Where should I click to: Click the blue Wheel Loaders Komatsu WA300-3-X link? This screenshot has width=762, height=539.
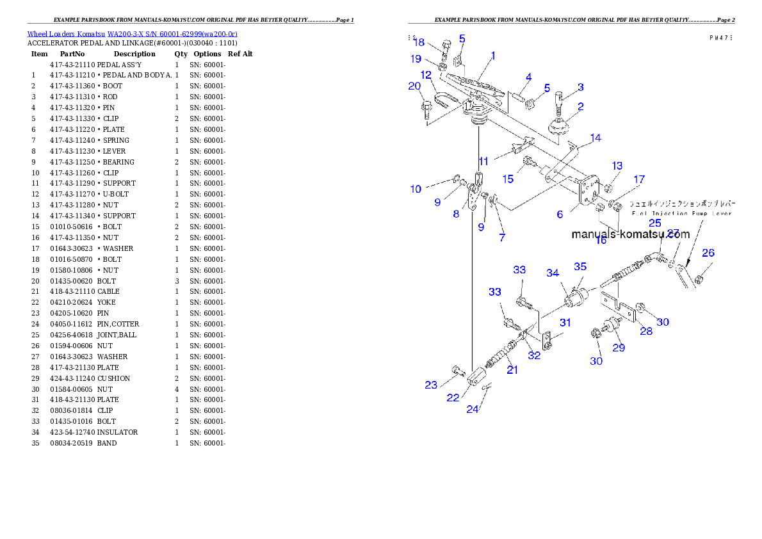pos(132,33)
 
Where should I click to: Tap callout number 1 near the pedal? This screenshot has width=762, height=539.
pos(493,56)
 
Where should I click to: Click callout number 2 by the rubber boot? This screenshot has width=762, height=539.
pos(580,106)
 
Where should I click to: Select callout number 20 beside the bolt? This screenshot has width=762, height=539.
pos(414,86)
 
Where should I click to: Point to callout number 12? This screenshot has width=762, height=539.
pos(426,75)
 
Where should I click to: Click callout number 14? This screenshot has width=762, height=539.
pos(596,138)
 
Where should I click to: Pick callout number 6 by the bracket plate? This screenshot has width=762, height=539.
pos(560,214)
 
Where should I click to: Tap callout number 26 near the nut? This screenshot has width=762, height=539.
pos(708,253)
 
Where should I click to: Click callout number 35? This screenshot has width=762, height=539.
pos(580,266)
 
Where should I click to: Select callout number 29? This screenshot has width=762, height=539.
pos(619,348)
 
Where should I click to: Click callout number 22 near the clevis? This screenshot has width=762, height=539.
pos(453,398)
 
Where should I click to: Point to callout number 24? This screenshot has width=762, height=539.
pos(472,409)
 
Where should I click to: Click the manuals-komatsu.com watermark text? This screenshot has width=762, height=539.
pos(630,234)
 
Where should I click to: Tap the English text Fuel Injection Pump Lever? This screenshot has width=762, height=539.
pos(681,213)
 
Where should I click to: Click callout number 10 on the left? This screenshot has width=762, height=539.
pos(416,189)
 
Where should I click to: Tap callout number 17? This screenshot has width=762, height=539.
pos(639,180)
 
